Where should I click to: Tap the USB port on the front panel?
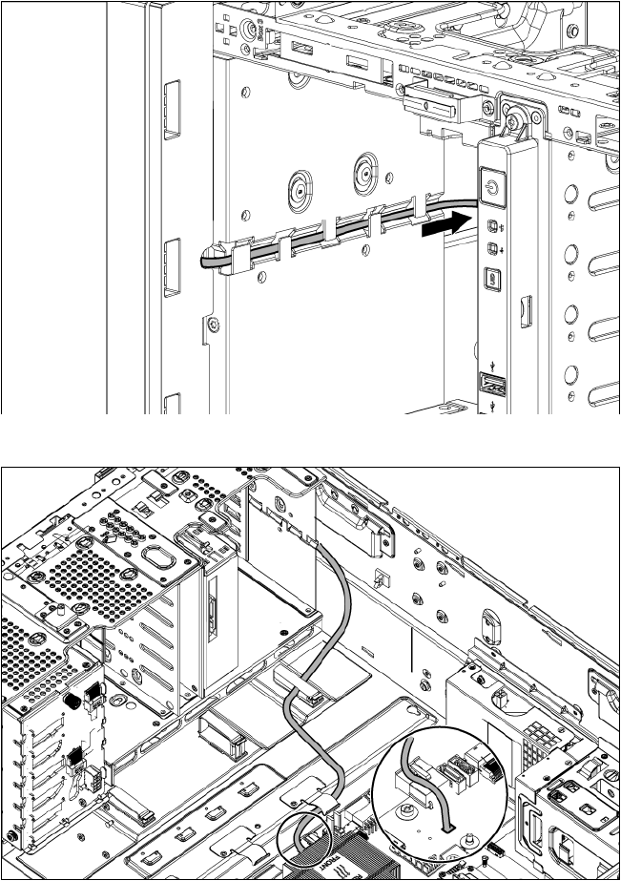point(491,385)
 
